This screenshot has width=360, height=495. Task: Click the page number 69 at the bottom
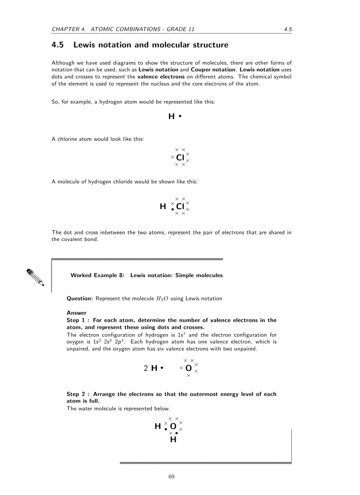click(172, 476)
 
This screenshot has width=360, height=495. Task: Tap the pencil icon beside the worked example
click(35, 277)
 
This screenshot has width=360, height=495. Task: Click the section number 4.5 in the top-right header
click(288, 30)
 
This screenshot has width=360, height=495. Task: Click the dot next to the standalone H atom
click(180, 116)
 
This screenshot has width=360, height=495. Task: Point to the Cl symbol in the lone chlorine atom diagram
click(180, 157)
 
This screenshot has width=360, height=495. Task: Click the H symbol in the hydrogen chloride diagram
click(163, 206)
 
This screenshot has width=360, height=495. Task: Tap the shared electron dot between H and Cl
click(172, 209)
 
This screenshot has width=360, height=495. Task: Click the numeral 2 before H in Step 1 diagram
click(146, 368)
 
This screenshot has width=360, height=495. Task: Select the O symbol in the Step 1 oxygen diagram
click(188, 368)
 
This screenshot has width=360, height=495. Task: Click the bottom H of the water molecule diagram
click(173, 439)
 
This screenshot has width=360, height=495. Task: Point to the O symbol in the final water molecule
click(173, 426)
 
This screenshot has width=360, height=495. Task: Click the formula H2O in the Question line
click(162, 298)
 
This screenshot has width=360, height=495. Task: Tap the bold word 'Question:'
click(80, 298)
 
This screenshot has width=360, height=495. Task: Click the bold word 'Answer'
click(77, 313)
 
